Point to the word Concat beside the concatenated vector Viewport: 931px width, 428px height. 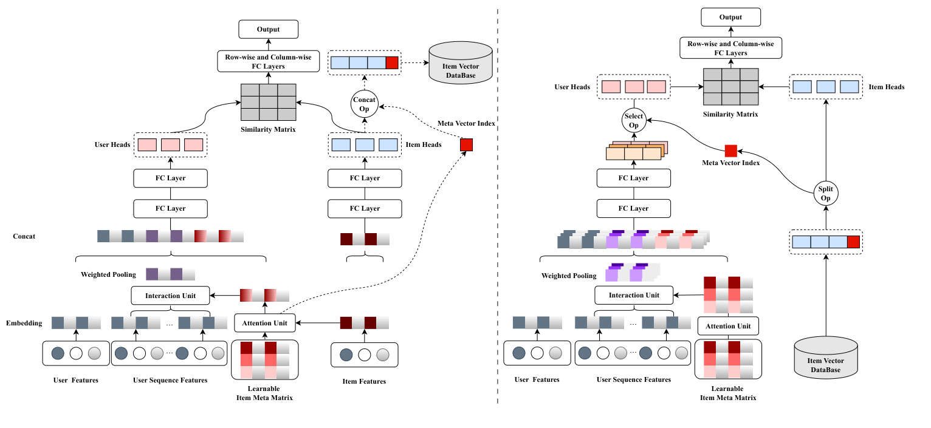coord(23,236)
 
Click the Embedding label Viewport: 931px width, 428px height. coord(24,323)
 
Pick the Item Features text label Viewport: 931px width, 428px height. coord(364,381)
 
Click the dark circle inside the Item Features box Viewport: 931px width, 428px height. coord(346,354)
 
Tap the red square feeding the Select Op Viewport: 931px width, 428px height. coord(730,151)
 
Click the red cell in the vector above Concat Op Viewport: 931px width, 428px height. coord(392,63)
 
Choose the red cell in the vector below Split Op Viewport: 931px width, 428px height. coord(854,242)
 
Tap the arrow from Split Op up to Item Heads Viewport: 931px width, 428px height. coord(826,140)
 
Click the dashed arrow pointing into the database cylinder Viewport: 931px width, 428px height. coord(414,63)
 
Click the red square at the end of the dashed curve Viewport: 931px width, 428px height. coord(466,145)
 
